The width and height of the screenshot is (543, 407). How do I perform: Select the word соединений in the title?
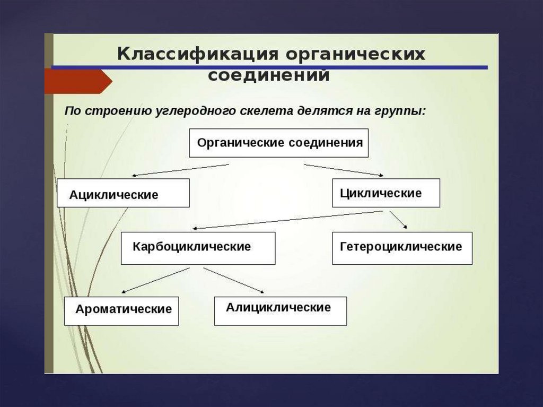coord(269,75)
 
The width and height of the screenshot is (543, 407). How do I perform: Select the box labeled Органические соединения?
coord(279,143)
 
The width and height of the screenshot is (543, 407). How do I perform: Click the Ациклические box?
coord(123,193)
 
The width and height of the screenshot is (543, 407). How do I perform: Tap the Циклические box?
coord(386,193)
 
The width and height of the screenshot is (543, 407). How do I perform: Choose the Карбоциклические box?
coord(198,248)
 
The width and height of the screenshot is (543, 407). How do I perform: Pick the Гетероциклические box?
coord(402,248)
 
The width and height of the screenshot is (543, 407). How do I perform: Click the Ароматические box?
coord(121,310)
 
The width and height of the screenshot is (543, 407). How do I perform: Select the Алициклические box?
coord(280,310)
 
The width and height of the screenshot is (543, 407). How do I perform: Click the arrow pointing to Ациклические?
coord(180,170)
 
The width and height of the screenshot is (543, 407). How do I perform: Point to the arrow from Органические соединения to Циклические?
coord(344,170)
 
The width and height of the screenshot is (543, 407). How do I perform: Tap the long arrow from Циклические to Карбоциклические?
coord(286,220)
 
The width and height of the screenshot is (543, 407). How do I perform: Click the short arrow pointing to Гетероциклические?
coord(398,220)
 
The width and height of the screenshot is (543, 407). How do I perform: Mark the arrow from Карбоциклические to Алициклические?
coord(233,280)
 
